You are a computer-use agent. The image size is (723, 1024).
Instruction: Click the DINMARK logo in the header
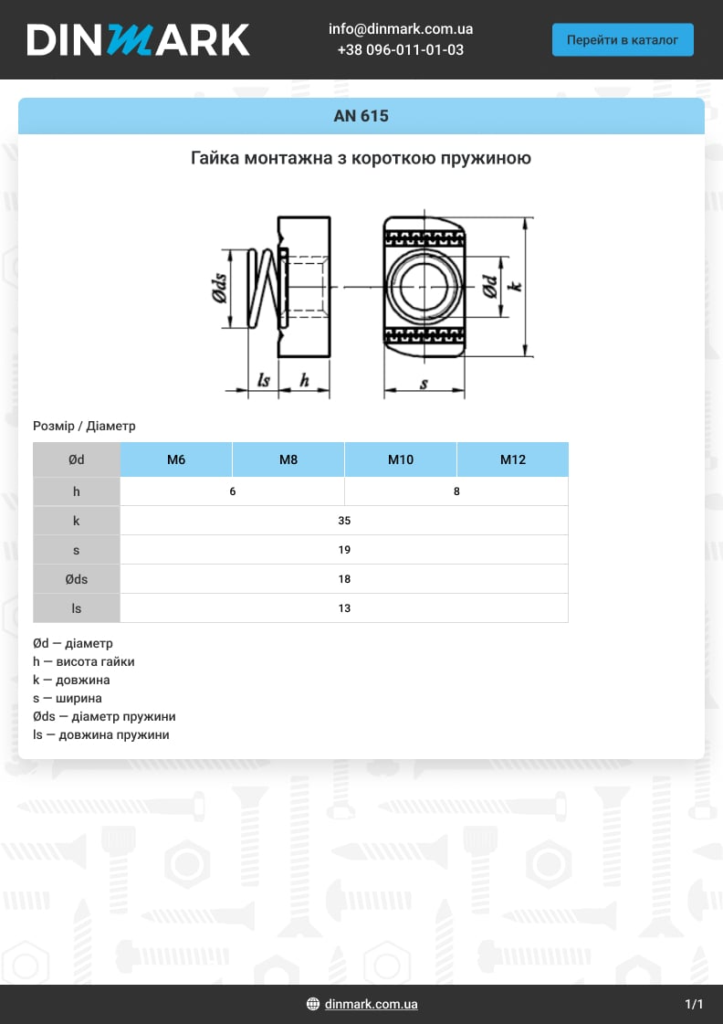(138, 39)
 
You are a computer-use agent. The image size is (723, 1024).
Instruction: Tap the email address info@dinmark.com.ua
(400, 29)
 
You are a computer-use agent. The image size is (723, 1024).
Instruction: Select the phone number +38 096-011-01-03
(400, 50)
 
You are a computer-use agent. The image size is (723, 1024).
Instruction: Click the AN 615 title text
(361, 116)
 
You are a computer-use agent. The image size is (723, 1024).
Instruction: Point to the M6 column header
(176, 459)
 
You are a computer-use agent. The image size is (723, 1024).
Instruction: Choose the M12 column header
(512, 459)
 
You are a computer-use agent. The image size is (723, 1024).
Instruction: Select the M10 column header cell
(401, 459)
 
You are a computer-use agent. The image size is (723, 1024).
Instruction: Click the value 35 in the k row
(344, 521)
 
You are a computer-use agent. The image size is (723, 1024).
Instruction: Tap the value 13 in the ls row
(344, 608)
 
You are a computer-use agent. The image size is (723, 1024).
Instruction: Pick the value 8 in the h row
(456, 491)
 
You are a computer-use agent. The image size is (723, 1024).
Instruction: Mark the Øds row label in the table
(77, 579)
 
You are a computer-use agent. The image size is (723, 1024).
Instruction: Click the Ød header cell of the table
(77, 459)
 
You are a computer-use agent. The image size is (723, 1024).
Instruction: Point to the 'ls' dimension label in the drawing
(264, 380)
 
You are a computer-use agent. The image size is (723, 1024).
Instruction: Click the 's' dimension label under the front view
(424, 384)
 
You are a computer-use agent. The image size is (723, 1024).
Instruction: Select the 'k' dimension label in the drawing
(517, 285)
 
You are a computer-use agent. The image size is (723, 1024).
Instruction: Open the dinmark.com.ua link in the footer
(371, 1004)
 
